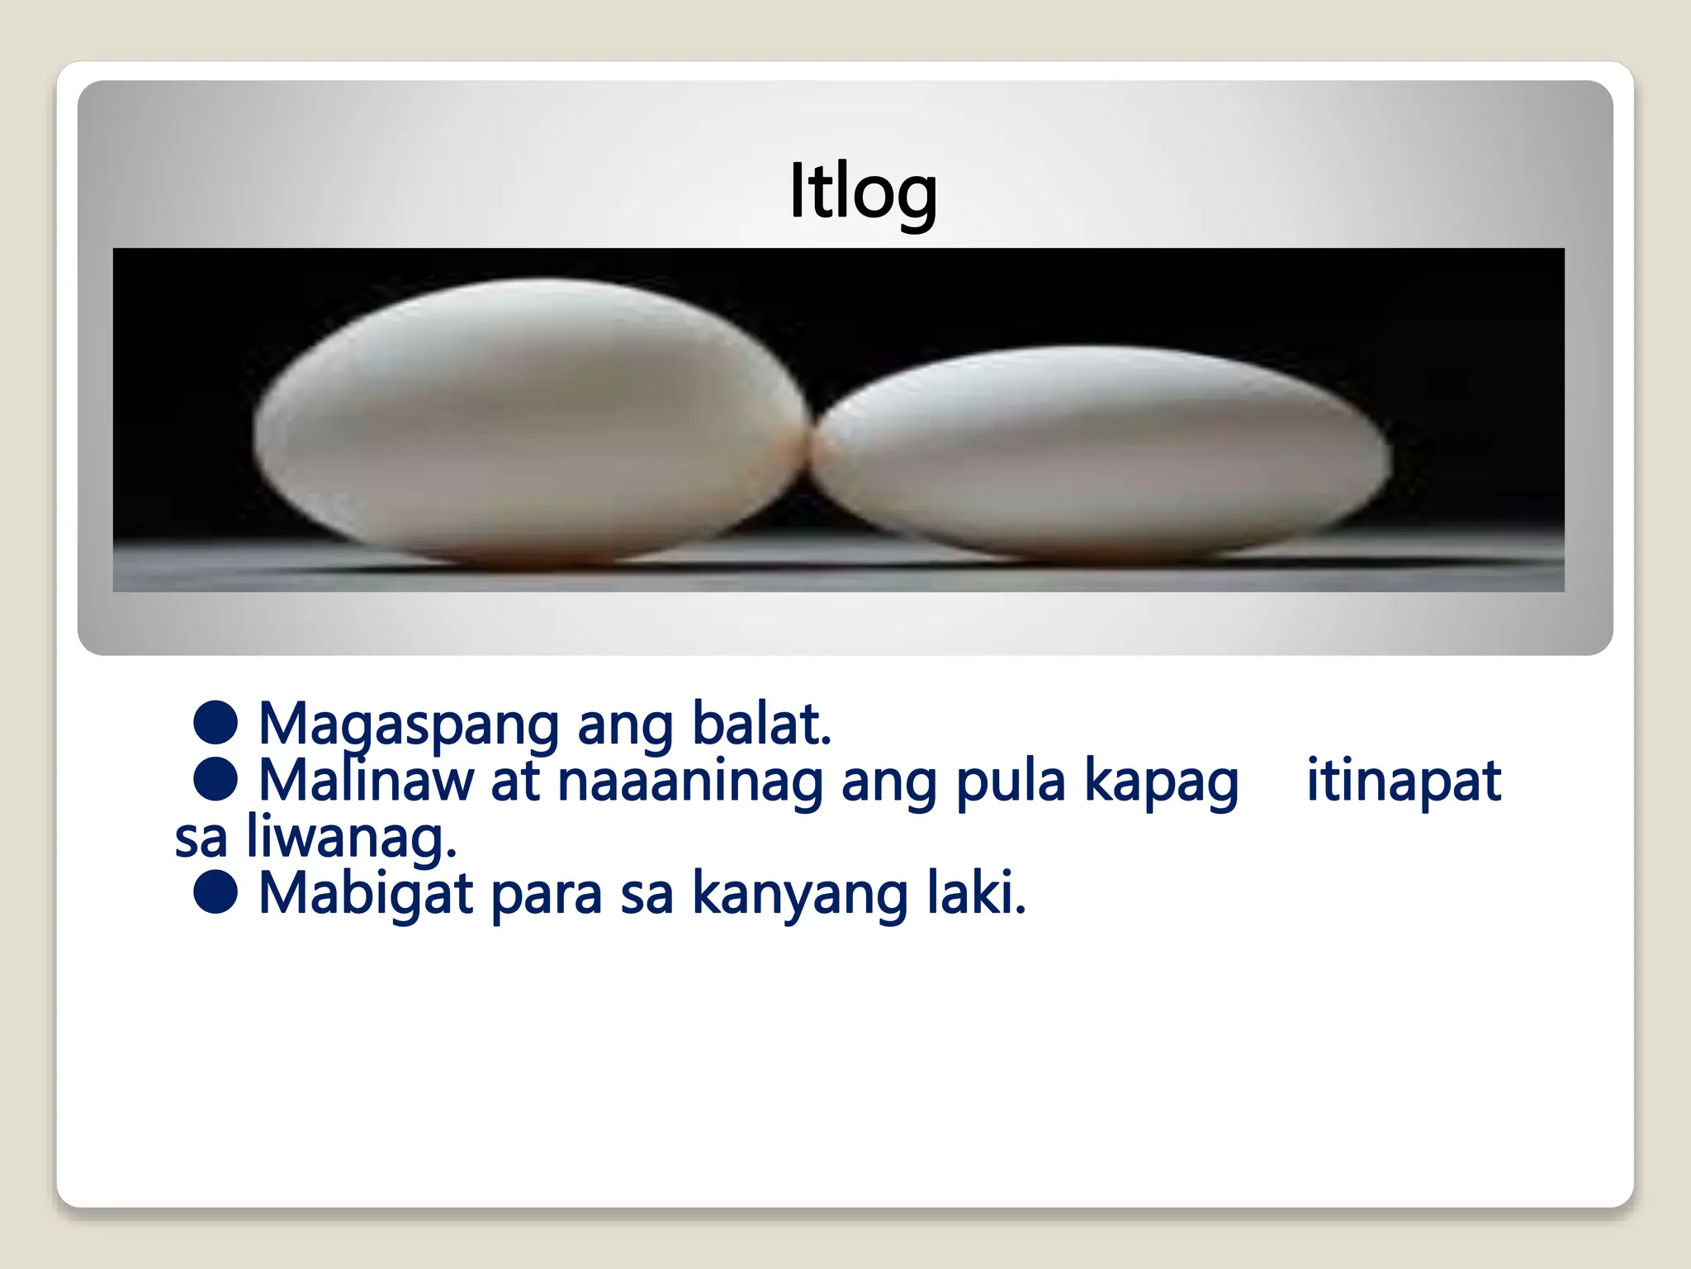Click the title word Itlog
click(863, 192)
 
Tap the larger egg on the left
click(528, 421)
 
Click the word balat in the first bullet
click(760, 724)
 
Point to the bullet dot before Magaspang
click(216, 722)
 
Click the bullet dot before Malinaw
click(216, 779)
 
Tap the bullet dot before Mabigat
click(216, 892)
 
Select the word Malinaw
click(366, 781)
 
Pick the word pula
click(1010, 781)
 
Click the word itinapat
click(1403, 781)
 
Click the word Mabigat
click(366, 895)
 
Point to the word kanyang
click(800, 895)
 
